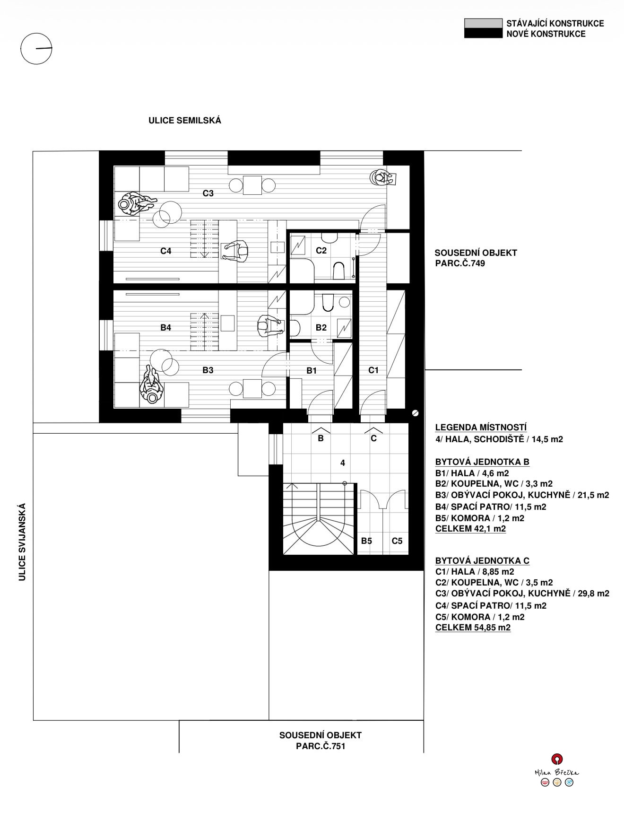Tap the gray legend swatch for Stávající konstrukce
[483, 24]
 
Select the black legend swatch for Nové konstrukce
[483, 33]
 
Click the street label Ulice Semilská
[185, 121]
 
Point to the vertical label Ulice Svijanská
[22, 542]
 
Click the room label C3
[208, 193]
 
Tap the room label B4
[165, 327]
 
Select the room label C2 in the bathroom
[321, 251]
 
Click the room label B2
[321, 327]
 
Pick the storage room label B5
[366, 541]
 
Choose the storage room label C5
[397, 541]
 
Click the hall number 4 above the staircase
[343, 463]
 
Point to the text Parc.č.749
[460, 263]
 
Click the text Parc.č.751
[321, 746]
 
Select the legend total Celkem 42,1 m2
[470, 529]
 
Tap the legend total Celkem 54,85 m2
[473, 628]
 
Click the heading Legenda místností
[481, 428]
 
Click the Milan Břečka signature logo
[557, 772]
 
